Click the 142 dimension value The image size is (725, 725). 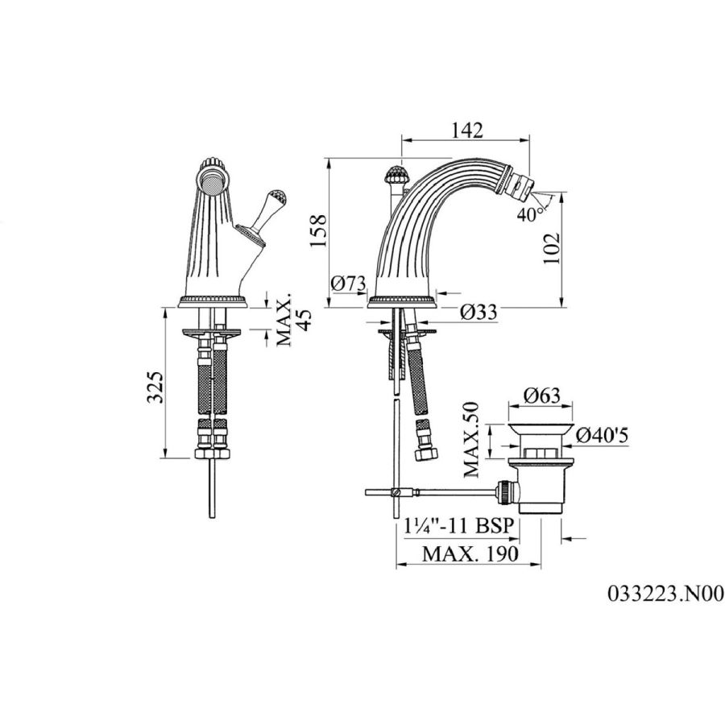(x=467, y=130)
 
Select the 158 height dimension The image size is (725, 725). (x=318, y=230)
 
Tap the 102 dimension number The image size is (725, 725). (x=551, y=248)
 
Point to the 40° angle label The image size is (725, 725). (x=530, y=214)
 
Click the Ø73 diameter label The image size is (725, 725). (x=349, y=283)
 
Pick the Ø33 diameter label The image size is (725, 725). (x=478, y=312)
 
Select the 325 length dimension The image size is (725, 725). (x=155, y=387)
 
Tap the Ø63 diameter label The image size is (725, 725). (x=542, y=396)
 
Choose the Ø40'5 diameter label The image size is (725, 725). (x=602, y=435)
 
